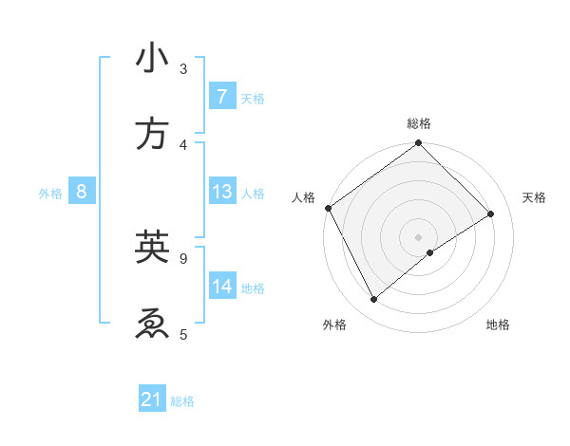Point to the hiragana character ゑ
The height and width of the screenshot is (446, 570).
tap(152, 324)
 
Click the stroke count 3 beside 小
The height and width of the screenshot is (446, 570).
tap(183, 68)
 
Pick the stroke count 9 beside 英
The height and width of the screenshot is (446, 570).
tap(183, 256)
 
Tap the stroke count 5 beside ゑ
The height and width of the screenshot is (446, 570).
tap(183, 333)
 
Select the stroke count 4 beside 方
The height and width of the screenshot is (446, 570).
tap(183, 144)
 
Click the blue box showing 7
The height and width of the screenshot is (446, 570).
tap(221, 97)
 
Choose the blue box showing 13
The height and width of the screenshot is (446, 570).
tap(221, 192)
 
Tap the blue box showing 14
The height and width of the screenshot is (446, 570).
tap(221, 286)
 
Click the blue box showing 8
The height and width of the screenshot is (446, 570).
tap(82, 192)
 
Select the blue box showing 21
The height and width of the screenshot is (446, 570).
tap(152, 400)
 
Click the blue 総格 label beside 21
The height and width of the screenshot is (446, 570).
tap(183, 401)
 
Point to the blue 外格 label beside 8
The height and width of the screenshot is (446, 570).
tap(50, 194)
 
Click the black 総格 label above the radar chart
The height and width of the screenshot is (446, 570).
tap(419, 124)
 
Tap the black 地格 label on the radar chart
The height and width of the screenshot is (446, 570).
tap(498, 325)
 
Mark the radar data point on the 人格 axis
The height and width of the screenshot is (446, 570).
tap(328, 208)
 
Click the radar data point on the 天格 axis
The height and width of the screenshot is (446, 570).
tap(491, 214)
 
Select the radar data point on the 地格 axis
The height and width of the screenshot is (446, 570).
tap(430, 252)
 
